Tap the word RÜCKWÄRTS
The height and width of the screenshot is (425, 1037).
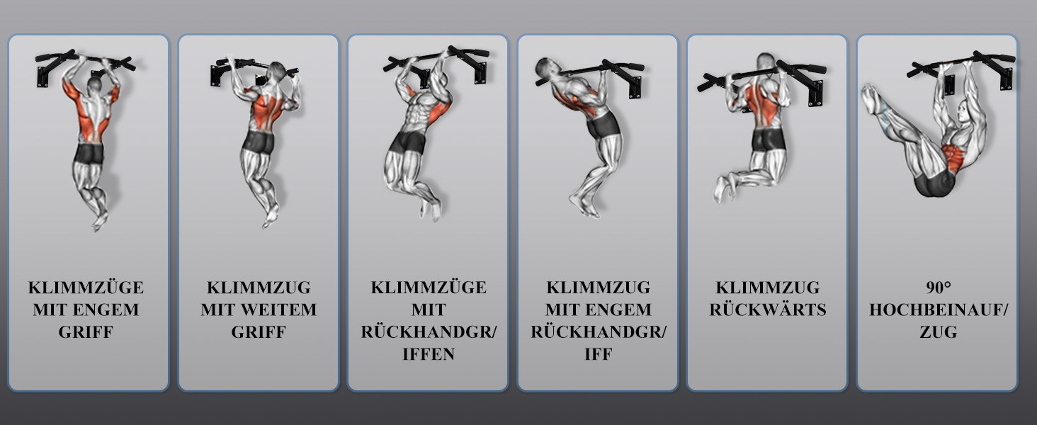[768, 309]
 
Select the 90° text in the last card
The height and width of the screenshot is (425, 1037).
[938, 288]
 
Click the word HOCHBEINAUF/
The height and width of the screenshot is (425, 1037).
[939, 310]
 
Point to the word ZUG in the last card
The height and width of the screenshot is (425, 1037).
[938, 332]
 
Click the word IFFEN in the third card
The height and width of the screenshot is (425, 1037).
[429, 354]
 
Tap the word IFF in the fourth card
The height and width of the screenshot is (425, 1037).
[598, 354]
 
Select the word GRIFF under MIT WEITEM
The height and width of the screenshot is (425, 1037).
[259, 332]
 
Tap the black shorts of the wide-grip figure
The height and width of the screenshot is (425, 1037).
[259, 142]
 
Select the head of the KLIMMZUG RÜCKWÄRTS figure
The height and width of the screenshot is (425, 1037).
[765, 62]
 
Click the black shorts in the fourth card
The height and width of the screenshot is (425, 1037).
[603, 125]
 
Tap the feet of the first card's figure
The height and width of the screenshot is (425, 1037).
[99, 221]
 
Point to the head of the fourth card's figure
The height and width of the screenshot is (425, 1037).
[546, 69]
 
